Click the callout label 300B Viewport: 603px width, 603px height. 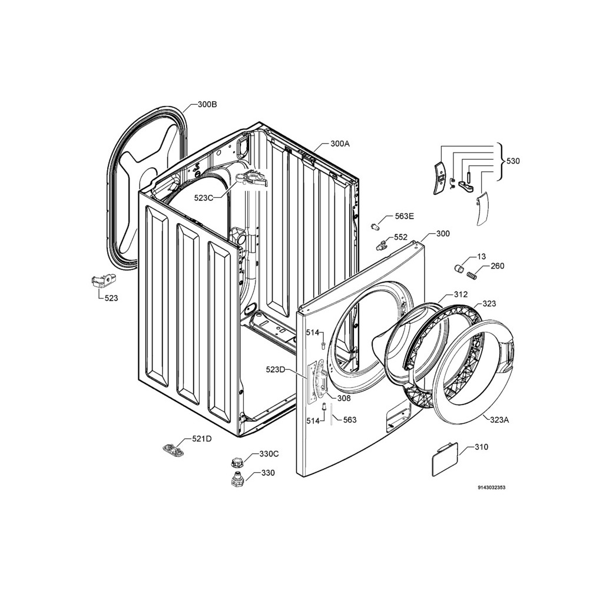click(207, 104)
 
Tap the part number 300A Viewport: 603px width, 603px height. click(340, 144)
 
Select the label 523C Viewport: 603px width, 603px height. click(203, 198)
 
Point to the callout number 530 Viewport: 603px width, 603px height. click(513, 161)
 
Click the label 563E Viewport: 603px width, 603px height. click(405, 216)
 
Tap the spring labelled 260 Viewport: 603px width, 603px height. click(471, 275)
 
